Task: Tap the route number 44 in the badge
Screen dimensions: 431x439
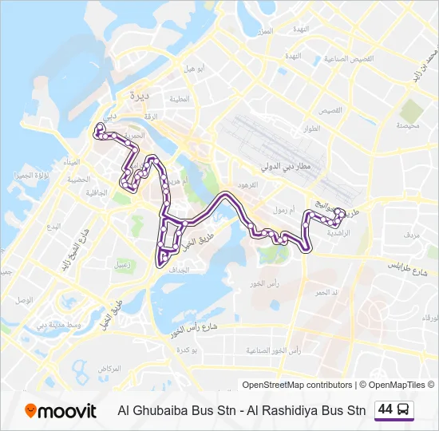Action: (385, 409)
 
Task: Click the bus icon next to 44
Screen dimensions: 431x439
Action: (404, 409)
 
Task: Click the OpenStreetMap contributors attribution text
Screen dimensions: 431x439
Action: (297, 385)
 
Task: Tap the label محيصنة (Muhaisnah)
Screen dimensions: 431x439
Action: (407, 126)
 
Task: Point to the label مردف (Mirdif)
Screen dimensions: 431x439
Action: (412, 235)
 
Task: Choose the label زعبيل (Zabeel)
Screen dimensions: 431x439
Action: (123, 263)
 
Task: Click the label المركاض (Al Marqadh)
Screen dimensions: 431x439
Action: (109, 369)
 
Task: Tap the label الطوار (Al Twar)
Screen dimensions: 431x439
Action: (310, 128)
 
